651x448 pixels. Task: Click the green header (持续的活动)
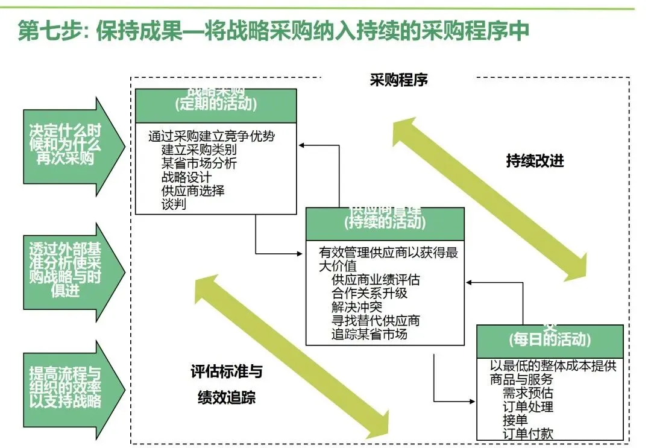coord(385,222)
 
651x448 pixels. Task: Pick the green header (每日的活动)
coord(549,340)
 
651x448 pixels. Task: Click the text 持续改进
coord(535,162)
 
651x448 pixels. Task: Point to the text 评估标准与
coord(226,371)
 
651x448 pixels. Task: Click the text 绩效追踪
coord(226,397)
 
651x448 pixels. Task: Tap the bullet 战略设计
coord(186,177)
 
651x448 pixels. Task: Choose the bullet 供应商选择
coord(193,191)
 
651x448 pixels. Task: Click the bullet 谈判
coord(174,204)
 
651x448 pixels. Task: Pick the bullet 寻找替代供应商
coord(376,320)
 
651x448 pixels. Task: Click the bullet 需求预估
coord(527,393)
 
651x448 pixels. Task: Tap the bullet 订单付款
coord(527,433)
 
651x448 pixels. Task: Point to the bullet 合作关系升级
coord(369,293)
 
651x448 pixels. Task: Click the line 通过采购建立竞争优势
coord(215,136)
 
